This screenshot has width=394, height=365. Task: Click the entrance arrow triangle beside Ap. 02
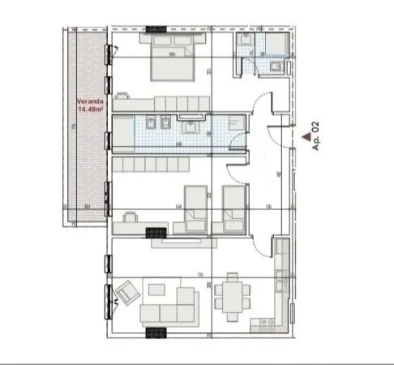pos(306,139)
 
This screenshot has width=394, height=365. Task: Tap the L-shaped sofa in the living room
pos(169,303)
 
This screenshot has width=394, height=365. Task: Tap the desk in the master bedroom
pos(123,103)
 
